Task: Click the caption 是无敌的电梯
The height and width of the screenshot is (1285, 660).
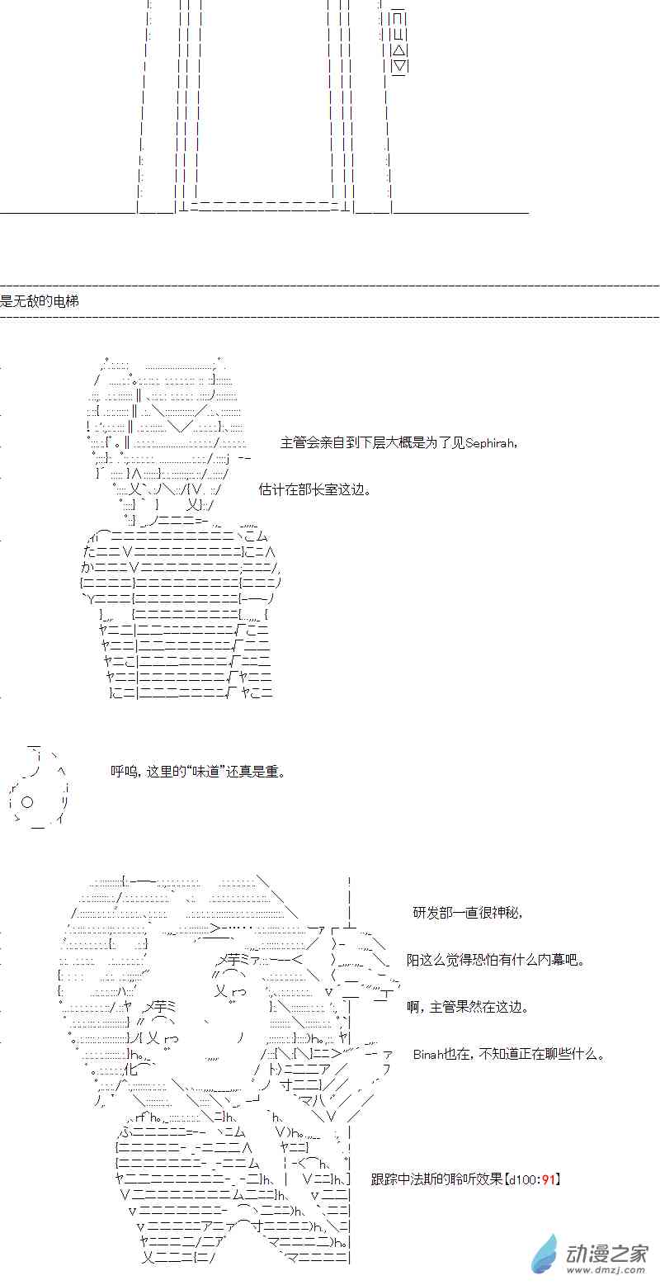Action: pyautogui.click(x=40, y=302)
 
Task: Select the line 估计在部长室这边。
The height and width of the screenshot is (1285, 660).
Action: pyautogui.click(x=314, y=489)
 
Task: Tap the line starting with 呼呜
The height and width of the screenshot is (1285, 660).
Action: pyautogui.click(x=199, y=772)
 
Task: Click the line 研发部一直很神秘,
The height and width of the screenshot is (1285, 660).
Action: pyautogui.click(x=468, y=913)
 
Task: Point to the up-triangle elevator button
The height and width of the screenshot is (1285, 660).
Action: pyautogui.click(x=399, y=50)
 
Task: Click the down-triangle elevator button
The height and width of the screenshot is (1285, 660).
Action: pyautogui.click(x=399, y=66)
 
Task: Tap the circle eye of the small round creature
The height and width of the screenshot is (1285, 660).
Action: pyautogui.click(x=26, y=801)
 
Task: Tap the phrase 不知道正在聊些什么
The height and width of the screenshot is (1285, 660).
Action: pyautogui.click(x=541, y=1055)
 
